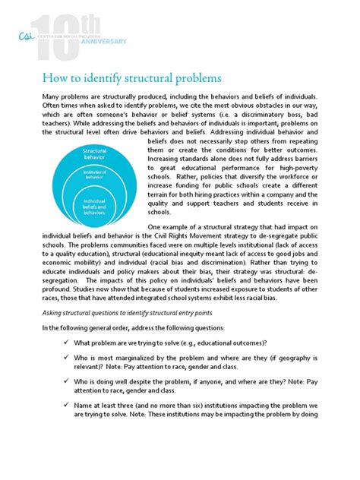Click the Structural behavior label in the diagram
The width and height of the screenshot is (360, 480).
(96, 155)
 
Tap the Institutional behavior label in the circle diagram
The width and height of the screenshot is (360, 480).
(96, 176)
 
